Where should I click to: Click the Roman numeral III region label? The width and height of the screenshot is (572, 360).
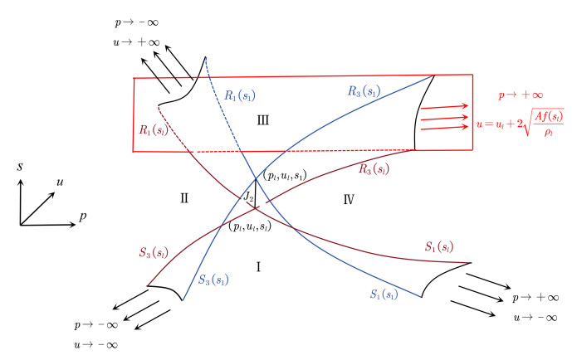tap(263, 120)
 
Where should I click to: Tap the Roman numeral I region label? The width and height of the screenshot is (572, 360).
tap(259, 267)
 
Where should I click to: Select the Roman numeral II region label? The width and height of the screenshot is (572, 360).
tap(184, 198)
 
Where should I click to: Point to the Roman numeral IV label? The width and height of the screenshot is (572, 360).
tap(349, 199)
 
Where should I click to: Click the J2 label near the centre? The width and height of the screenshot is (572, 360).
tap(248, 197)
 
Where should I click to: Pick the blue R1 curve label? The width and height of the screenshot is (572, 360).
tap(240, 96)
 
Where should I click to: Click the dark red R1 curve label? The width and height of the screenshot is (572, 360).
tap(154, 129)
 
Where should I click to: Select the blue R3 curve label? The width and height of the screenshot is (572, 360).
tap(364, 90)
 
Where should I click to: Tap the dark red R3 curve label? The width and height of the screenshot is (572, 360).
tap(374, 168)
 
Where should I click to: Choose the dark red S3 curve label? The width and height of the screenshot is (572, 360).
tap(154, 252)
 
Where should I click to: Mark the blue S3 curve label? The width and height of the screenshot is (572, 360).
tap(213, 280)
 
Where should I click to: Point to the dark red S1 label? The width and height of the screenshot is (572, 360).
tap(439, 247)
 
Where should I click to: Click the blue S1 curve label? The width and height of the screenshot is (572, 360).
tap(384, 294)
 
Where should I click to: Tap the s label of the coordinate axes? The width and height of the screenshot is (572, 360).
tap(20, 167)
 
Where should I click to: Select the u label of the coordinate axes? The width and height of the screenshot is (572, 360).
tap(60, 182)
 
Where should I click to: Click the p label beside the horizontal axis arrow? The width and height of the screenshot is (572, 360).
tap(83, 216)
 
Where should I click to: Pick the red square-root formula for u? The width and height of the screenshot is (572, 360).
tap(521, 123)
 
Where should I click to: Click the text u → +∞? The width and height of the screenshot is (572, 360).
tap(137, 42)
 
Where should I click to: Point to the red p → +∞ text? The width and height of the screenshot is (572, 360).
tap(521, 95)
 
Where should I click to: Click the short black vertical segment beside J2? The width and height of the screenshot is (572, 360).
tap(256, 194)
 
